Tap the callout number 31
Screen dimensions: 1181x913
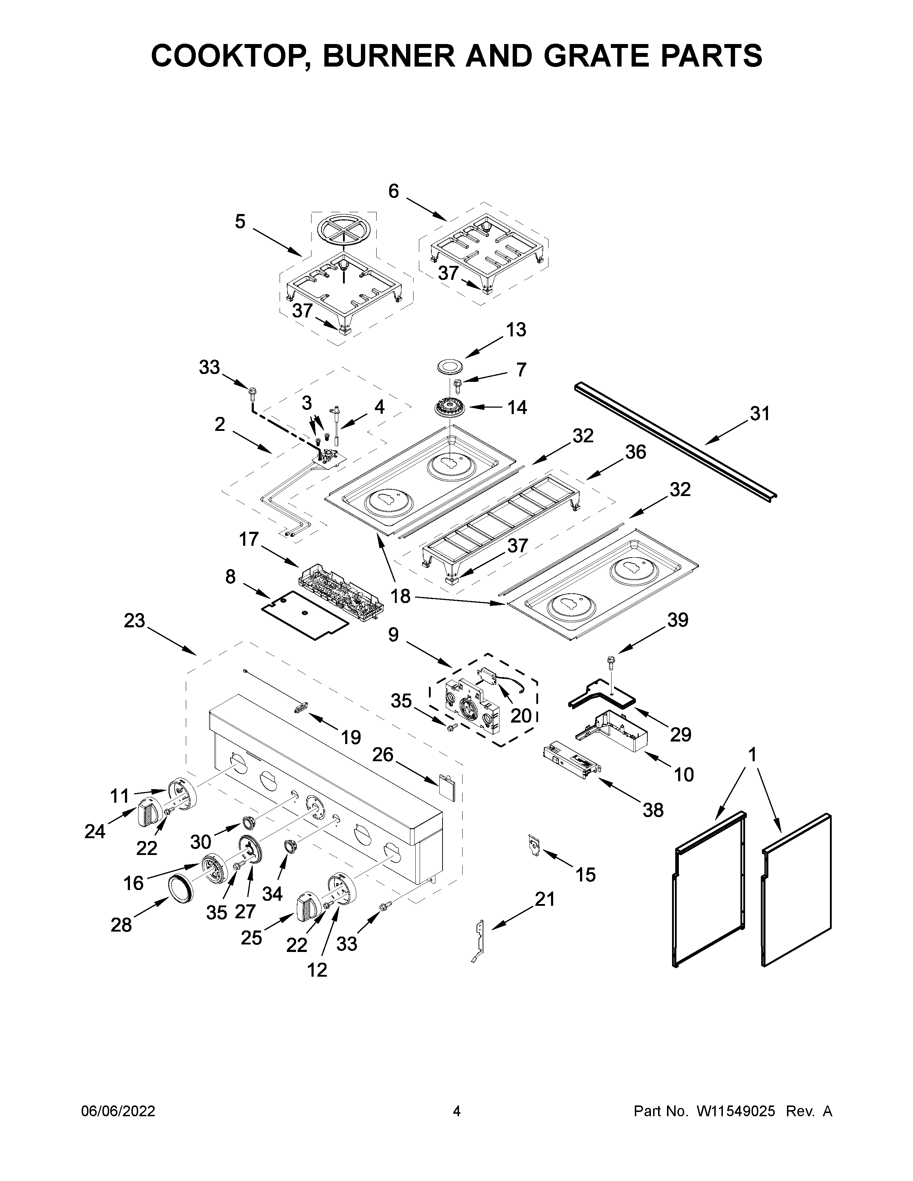pyautogui.click(x=760, y=414)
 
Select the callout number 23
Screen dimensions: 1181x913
pyautogui.click(x=134, y=621)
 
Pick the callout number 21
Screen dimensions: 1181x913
pyautogui.click(x=545, y=899)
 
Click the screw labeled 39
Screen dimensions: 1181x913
pyautogui.click(x=611, y=661)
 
